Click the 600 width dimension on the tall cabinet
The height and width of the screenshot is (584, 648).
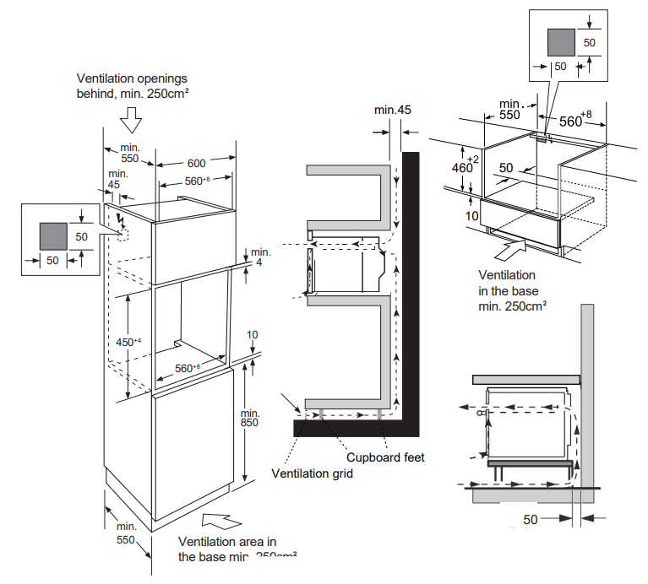click(197, 163)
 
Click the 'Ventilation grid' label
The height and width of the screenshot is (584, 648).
click(312, 473)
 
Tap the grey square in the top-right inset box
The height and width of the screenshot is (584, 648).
click(560, 41)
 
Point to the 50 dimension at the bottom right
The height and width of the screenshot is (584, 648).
click(530, 519)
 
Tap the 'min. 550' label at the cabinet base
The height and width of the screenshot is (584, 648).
click(125, 533)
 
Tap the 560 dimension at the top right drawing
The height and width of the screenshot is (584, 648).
click(575, 121)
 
